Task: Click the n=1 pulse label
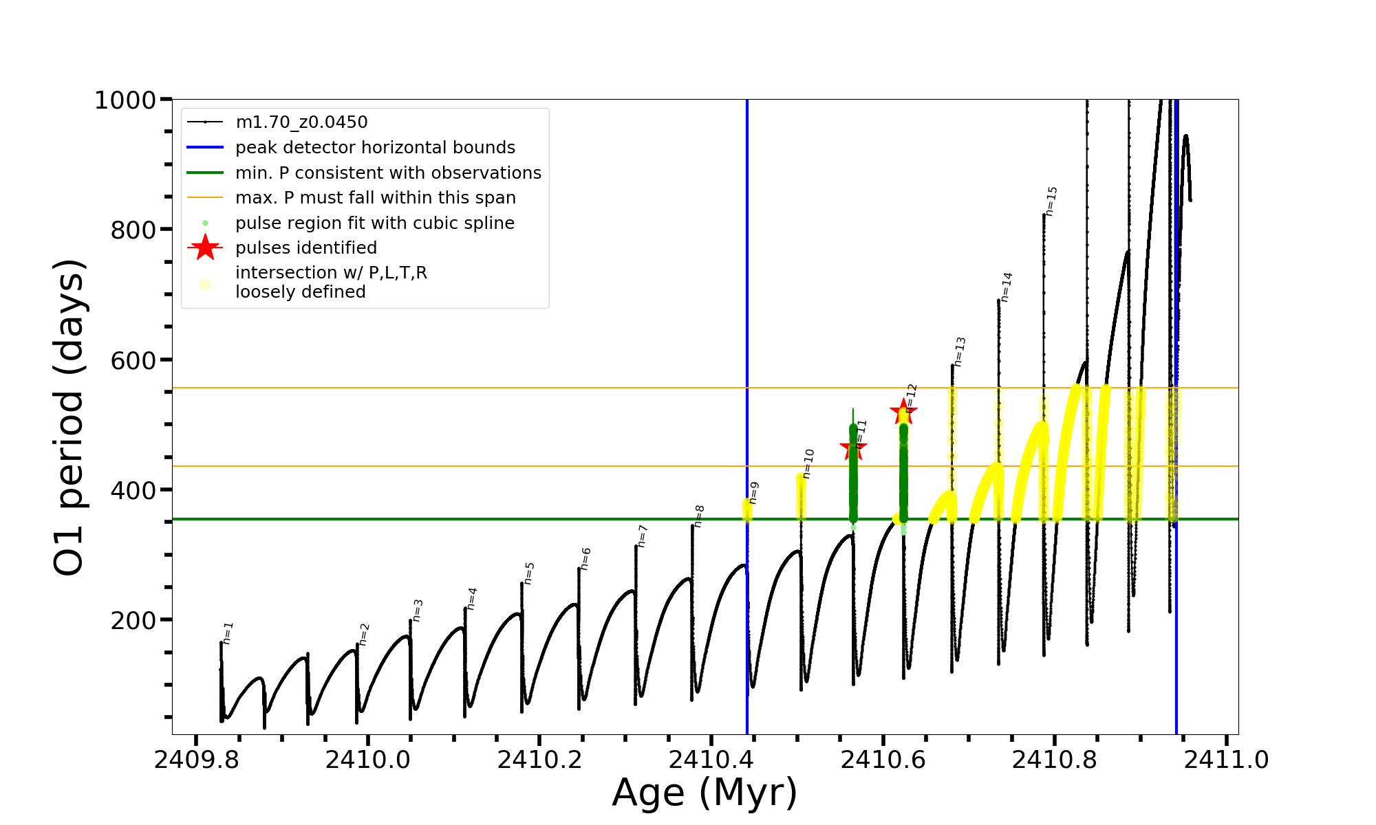228,633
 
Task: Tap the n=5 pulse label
529,573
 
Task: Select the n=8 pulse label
699,516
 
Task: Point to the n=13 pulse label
960,351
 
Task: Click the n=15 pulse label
1051,201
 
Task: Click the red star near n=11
853,448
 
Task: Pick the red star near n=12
903,412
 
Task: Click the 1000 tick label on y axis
125,100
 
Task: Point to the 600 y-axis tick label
133,360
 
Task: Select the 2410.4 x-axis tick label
711,760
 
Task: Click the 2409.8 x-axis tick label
196,760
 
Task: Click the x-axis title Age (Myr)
705,793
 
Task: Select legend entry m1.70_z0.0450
301,122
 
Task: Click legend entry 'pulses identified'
306,247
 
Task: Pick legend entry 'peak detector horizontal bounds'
375,148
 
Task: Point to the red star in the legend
205,247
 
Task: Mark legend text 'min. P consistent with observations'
388,173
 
